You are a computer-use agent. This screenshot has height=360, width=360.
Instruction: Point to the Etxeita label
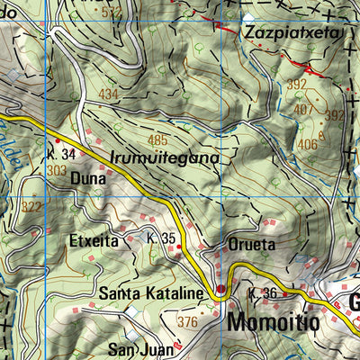coord(94,240)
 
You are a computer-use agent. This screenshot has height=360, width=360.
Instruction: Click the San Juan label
coord(139,349)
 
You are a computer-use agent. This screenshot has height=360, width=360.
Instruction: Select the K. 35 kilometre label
coord(159,238)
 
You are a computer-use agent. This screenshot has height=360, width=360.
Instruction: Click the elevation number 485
coord(157,139)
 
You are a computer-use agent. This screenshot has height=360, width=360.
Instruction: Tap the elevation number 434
coord(109,94)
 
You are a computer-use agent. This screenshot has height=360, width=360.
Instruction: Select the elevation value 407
coord(304,111)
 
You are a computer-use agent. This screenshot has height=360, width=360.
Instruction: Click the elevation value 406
coord(307,144)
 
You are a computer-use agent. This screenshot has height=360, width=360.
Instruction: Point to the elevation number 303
coord(57,169)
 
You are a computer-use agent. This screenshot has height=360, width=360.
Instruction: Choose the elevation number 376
coord(187,321)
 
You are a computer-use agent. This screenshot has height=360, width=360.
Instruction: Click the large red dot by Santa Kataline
coord(220,289)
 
